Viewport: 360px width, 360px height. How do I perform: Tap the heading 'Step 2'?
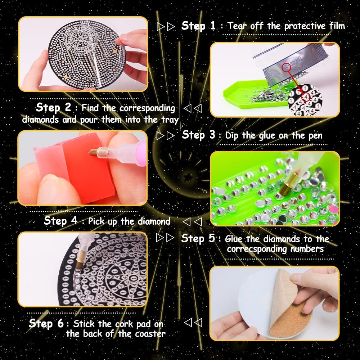[53, 107]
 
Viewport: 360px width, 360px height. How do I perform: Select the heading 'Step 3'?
[199, 135]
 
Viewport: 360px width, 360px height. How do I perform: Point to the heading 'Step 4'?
[60, 220]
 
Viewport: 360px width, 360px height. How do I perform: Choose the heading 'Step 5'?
[198, 238]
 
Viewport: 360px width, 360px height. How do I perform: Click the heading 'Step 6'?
[46, 323]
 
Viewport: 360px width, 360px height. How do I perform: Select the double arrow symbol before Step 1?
[166, 26]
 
